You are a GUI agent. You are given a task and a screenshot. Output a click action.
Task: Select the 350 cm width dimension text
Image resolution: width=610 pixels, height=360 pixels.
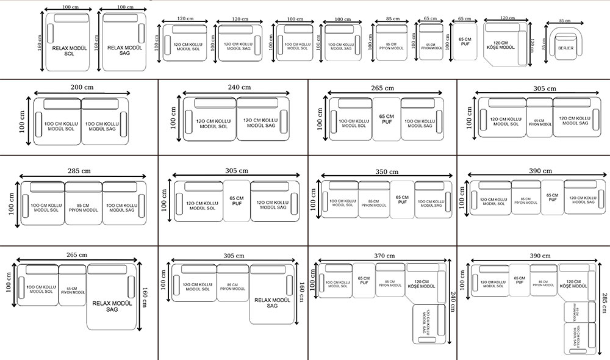386,172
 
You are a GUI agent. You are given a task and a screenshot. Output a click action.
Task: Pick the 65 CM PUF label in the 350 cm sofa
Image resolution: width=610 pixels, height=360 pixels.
402,200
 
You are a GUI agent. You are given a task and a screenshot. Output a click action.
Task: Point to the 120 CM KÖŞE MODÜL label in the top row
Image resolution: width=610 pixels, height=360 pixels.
501,45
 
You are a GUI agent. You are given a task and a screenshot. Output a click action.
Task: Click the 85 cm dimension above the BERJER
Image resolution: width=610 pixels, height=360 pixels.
564,20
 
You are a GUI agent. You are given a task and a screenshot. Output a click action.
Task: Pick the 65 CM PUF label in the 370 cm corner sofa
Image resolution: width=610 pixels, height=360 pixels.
364,281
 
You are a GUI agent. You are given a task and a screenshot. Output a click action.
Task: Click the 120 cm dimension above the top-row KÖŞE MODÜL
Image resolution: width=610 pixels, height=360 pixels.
504,18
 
